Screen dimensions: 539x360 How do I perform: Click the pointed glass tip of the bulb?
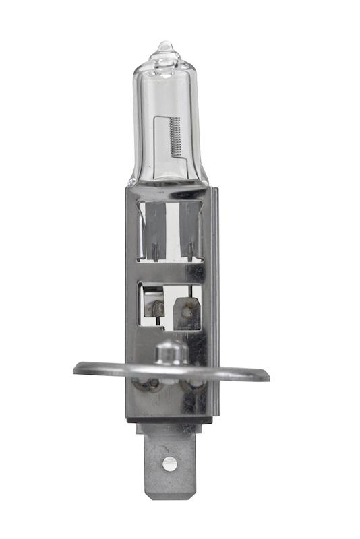tap(163, 46)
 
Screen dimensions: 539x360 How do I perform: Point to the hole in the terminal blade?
tap(170, 463)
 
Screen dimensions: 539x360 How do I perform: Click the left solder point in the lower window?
tap(158, 309)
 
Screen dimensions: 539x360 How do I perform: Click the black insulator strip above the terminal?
tap(169, 420)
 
